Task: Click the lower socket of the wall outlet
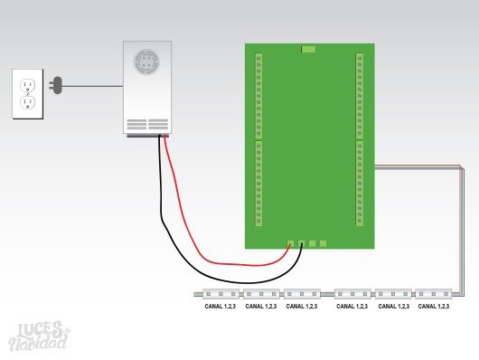tap(28, 102)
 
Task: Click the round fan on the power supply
tap(146, 62)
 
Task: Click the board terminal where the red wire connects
tap(290, 243)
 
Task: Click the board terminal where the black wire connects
tap(301, 243)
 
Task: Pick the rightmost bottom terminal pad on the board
tap(323, 243)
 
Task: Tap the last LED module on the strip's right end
tap(433, 294)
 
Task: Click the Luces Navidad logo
tap(40, 336)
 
